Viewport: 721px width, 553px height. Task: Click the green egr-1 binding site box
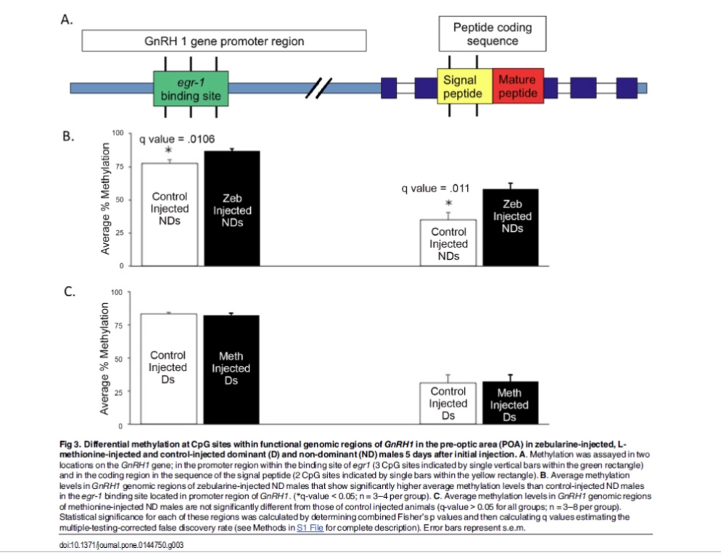coord(191,89)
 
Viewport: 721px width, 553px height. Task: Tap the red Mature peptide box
coord(518,89)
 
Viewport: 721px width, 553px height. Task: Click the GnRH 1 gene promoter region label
coord(226,41)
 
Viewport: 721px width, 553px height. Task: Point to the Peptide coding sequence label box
coord(492,34)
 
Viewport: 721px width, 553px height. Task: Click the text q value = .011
coord(436,188)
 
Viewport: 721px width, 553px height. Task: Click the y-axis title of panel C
coord(106,358)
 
